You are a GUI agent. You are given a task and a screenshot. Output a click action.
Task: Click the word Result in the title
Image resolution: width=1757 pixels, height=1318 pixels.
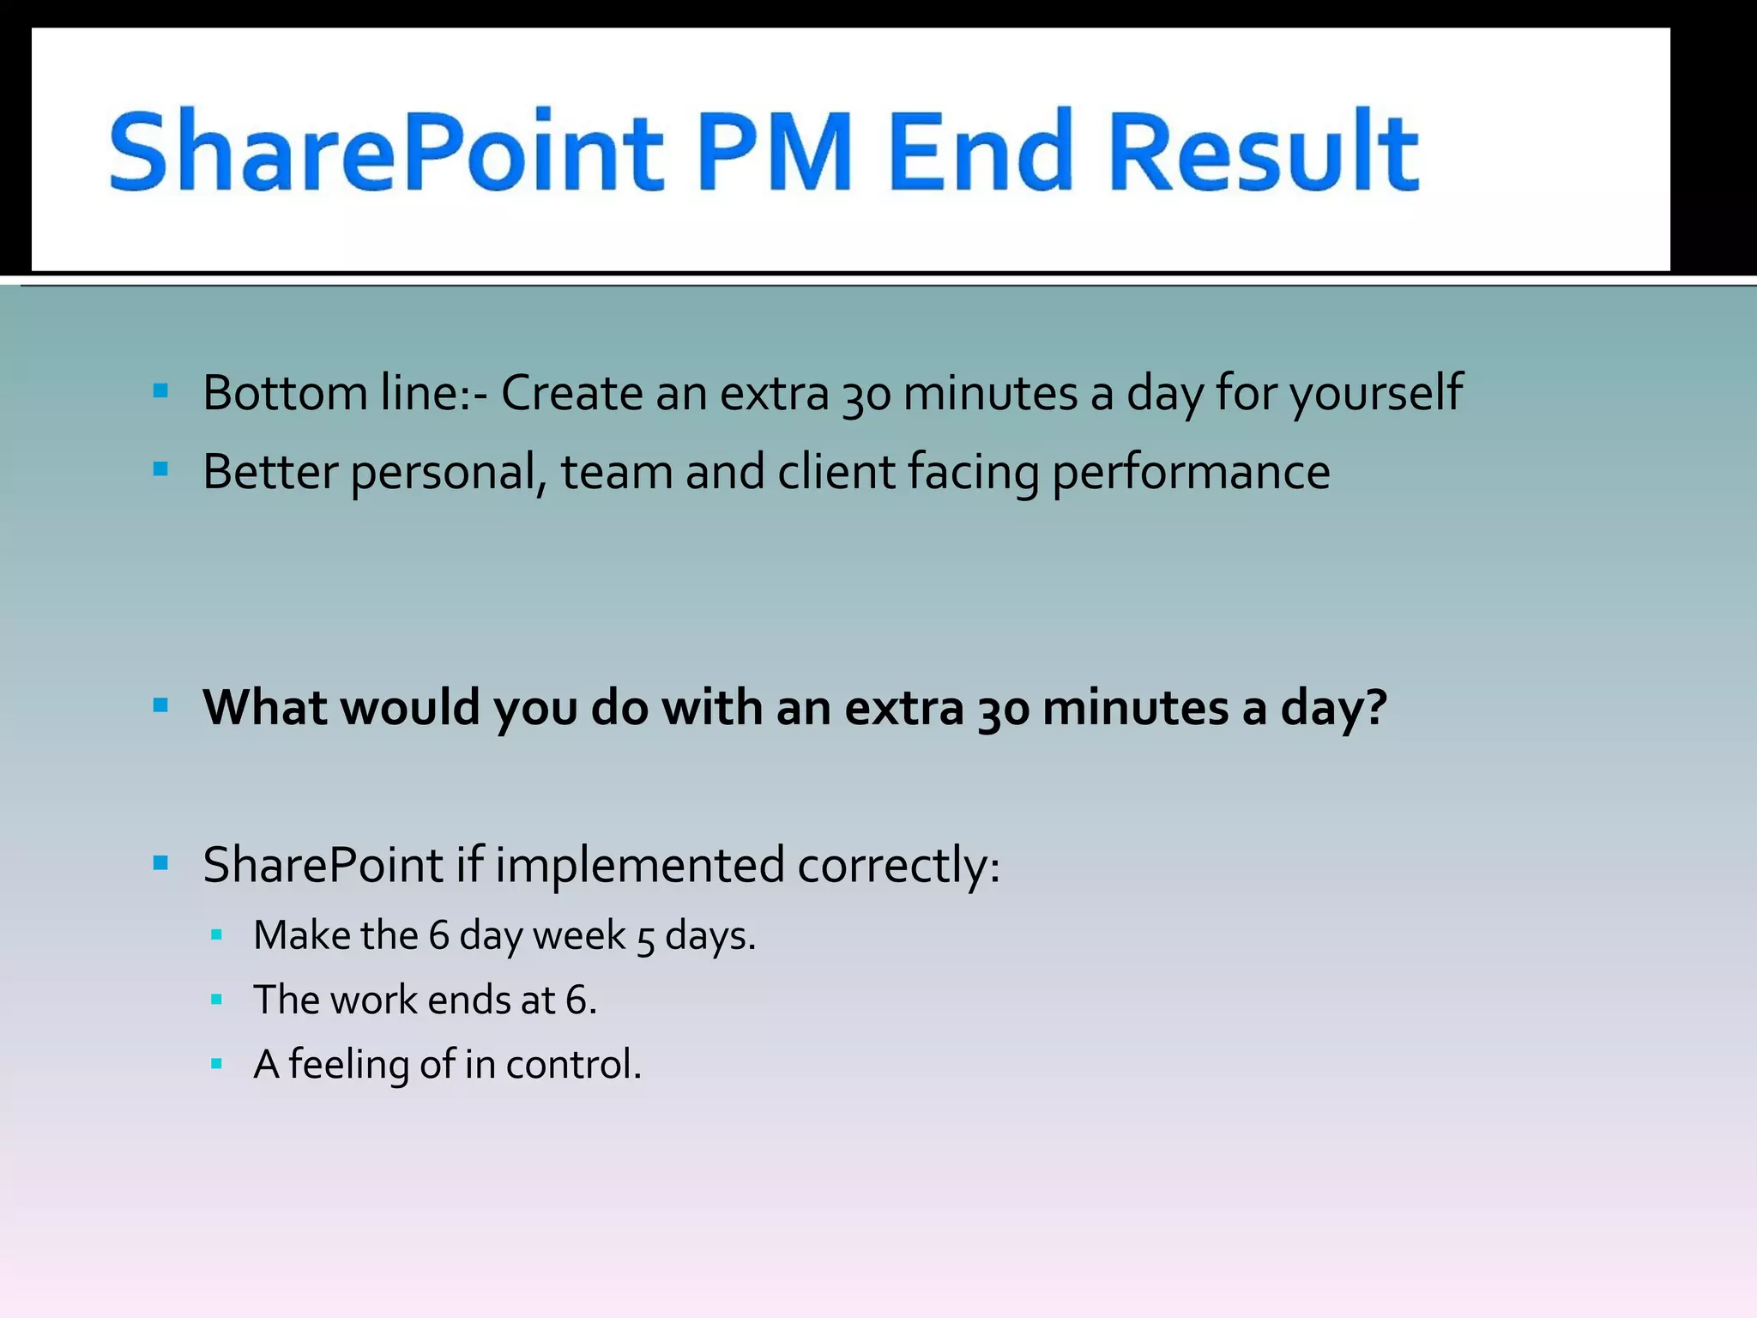(1263, 151)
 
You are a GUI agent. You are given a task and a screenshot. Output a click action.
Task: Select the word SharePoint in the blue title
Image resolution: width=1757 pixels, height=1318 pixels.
(386, 153)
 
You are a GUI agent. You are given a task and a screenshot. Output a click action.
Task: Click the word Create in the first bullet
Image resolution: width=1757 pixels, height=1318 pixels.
(571, 393)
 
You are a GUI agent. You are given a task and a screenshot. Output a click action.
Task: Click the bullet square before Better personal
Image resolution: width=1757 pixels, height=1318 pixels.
(160, 470)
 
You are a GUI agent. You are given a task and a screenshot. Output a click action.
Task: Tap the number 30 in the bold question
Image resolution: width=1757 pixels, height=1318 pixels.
(1003, 709)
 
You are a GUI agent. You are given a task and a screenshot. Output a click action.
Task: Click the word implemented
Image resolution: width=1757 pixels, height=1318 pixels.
(640, 865)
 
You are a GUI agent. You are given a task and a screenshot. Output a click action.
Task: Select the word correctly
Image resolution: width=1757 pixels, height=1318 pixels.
(897, 865)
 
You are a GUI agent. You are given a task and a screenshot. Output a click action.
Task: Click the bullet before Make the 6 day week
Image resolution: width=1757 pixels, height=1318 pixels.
(216, 935)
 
